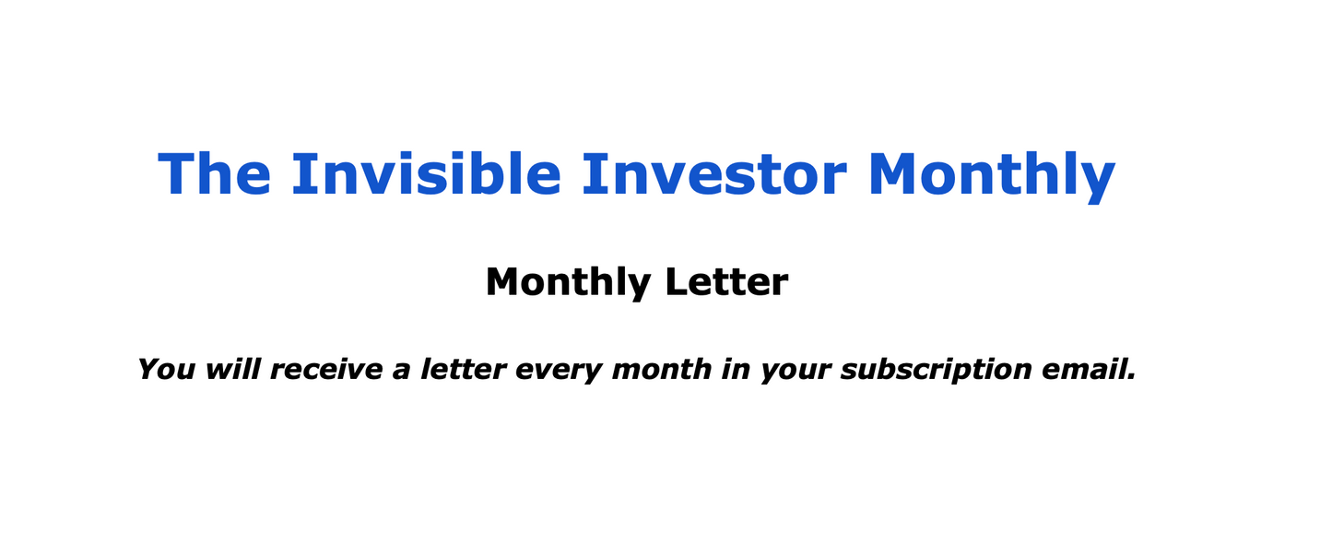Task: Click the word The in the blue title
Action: coord(215,173)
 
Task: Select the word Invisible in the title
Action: coord(426,173)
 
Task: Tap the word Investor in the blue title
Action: coord(714,173)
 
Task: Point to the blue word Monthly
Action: coord(991,175)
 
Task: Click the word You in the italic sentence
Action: coord(166,370)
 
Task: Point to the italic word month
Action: coord(661,370)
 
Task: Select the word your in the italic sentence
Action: coord(796,372)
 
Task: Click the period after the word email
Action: coord(1131,378)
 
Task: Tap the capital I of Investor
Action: coord(592,173)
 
